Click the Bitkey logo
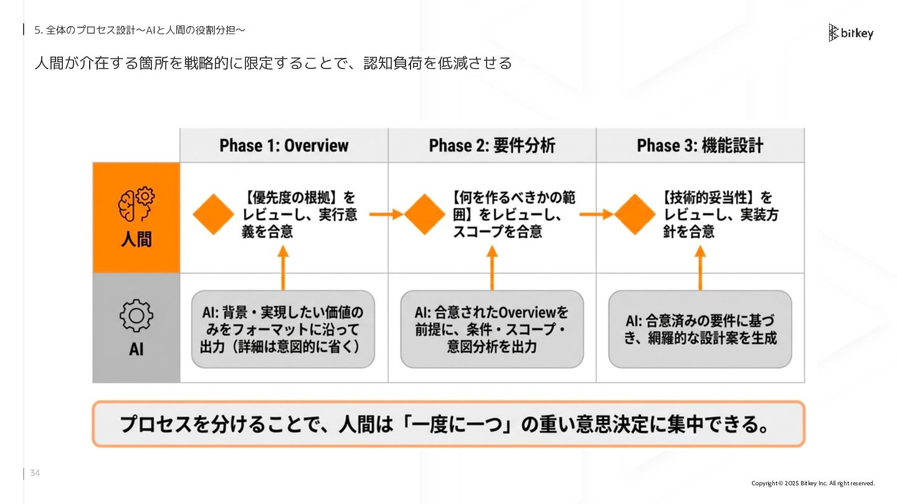click(x=851, y=33)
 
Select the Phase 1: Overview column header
click(x=283, y=146)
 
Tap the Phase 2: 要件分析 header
click(x=492, y=146)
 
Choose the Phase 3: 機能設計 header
click(x=700, y=146)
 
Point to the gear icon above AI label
click(x=136, y=316)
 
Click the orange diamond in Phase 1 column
click(x=214, y=214)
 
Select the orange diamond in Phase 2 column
click(x=425, y=214)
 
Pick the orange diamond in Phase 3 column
click(x=635, y=214)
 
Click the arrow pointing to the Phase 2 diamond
click(x=386, y=215)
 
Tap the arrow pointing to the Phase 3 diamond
click(x=596, y=215)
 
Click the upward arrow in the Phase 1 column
click(x=283, y=268)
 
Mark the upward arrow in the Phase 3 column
click(x=700, y=268)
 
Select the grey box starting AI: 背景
click(x=283, y=329)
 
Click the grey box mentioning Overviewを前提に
click(x=492, y=329)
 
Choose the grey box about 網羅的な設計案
click(x=700, y=329)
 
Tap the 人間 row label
click(x=136, y=240)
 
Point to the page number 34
click(x=35, y=474)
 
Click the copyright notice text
click(x=813, y=483)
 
